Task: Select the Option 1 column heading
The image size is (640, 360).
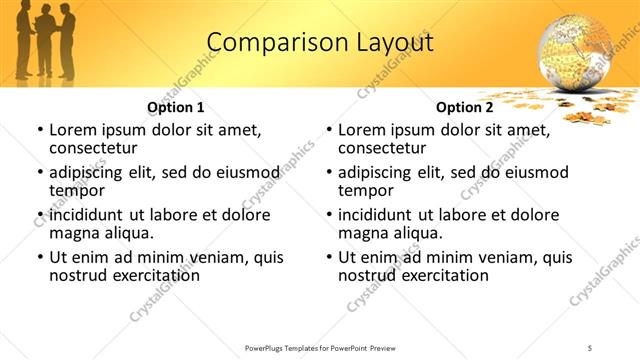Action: point(175,107)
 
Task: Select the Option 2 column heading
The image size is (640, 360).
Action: point(464,107)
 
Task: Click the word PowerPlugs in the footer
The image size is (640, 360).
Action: point(268,348)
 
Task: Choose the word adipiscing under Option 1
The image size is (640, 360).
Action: point(87,172)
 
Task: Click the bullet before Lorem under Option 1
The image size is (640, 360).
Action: point(39,130)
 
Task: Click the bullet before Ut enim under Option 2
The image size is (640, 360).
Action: point(328,257)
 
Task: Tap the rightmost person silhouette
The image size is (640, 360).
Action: point(66,42)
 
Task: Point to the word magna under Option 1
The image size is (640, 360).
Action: point(72,233)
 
